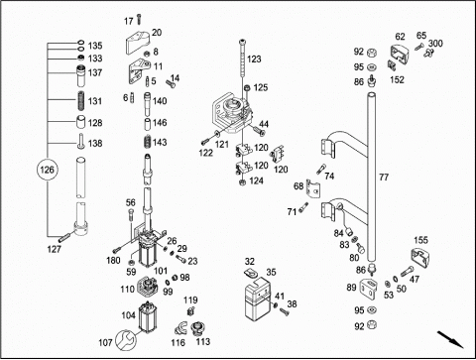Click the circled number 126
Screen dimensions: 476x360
[47, 170]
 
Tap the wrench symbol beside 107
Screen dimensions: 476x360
[125, 339]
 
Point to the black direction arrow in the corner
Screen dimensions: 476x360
[450, 339]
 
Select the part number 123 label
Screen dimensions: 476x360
[254, 60]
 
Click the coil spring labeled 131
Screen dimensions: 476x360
[81, 101]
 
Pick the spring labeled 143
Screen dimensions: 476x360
[148, 142]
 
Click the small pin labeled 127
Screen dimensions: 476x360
[63, 237]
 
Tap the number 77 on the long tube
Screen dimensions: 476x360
[384, 178]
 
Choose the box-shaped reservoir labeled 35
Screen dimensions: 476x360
[258, 299]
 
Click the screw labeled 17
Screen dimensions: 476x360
[139, 19]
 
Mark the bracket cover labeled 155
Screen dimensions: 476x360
[419, 259]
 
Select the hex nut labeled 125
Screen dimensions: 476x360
[248, 88]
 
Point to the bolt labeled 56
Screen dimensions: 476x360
[131, 215]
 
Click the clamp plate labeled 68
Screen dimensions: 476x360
[312, 188]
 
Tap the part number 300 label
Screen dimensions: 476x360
[435, 44]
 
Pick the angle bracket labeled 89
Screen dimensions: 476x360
[368, 289]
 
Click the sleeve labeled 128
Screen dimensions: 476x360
[81, 122]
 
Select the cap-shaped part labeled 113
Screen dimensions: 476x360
[197, 328]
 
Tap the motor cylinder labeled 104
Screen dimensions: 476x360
[146, 316]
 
